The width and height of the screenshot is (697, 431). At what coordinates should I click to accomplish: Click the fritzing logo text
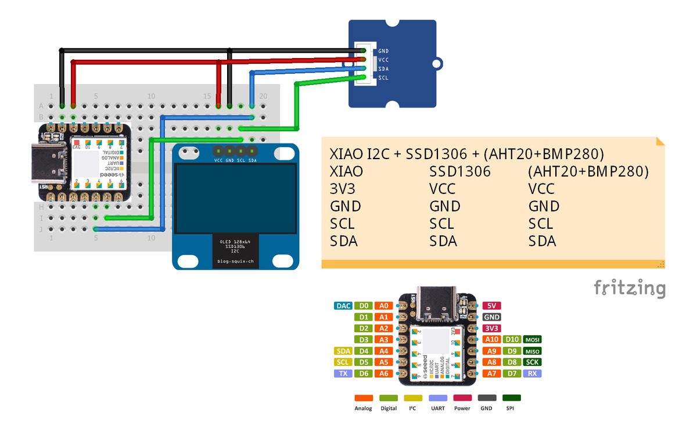pyautogui.click(x=629, y=288)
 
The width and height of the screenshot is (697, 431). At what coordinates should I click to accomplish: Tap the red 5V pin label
pyautogui.click(x=491, y=306)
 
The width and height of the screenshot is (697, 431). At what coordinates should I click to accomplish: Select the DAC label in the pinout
pyautogui.click(x=343, y=306)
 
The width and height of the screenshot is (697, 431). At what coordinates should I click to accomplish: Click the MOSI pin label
pyautogui.click(x=533, y=340)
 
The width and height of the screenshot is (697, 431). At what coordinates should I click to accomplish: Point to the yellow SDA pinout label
pyautogui.click(x=343, y=351)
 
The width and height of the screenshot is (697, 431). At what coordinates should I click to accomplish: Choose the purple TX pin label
pyautogui.click(x=343, y=373)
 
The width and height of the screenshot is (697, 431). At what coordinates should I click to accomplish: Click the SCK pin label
pyautogui.click(x=533, y=362)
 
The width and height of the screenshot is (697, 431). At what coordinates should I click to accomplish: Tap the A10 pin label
pyautogui.click(x=491, y=340)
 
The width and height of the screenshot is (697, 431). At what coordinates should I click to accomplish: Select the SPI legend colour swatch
pyautogui.click(x=512, y=398)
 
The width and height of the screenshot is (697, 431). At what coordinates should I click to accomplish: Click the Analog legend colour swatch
pyautogui.click(x=364, y=398)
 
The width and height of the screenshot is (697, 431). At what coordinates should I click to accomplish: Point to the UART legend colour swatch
pyautogui.click(x=438, y=398)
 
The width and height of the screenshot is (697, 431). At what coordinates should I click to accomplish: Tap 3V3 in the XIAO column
pyautogui.click(x=343, y=189)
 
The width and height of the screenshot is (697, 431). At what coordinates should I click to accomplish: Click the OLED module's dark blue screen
pyautogui.click(x=235, y=197)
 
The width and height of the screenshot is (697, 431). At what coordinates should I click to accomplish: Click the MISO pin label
pyautogui.click(x=533, y=351)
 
